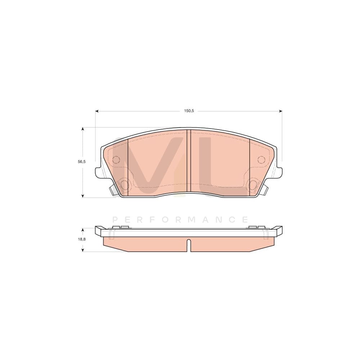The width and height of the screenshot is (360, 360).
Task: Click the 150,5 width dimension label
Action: pos(189,111)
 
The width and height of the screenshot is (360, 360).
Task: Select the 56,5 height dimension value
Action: pos(82,162)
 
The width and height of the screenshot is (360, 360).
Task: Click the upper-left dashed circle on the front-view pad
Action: pos(116,159)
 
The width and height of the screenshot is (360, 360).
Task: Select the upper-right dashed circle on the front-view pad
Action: pos(261,159)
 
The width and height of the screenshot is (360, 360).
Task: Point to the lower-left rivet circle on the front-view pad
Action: pos(124,185)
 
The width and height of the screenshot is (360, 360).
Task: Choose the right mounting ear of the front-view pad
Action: pos(279,172)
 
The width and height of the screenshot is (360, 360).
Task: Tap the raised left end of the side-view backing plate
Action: pos(98,230)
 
